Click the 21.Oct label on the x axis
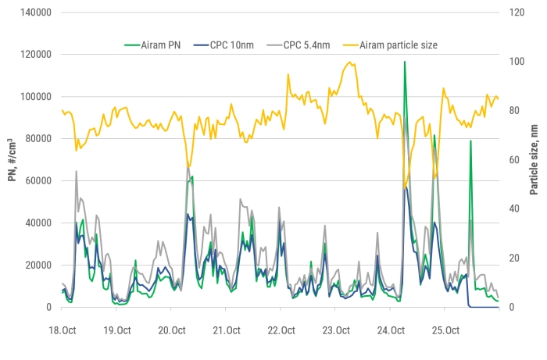(225, 330)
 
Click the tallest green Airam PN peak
(404, 62)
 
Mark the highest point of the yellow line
(352, 62)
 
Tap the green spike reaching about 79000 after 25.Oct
(470, 141)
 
